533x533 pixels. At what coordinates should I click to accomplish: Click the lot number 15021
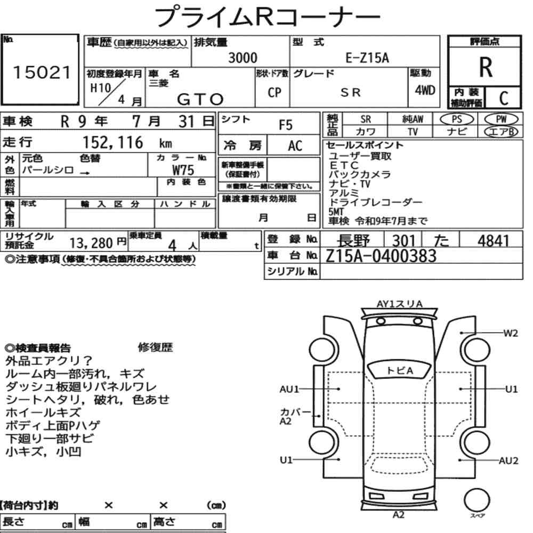(x=42, y=72)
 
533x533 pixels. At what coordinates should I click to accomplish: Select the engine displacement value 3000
(x=243, y=58)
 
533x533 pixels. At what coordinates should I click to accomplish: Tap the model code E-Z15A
(x=367, y=58)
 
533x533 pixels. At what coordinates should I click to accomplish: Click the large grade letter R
(x=486, y=67)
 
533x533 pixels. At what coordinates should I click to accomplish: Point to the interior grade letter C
(x=504, y=98)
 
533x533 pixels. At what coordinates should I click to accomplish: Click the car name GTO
(x=200, y=100)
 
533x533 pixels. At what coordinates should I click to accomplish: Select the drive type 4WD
(x=425, y=91)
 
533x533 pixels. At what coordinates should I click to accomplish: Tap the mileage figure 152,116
(x=113, y=142)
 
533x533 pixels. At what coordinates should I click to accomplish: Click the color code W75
(x=183, y=169)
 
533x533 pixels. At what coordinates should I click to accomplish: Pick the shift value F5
(x=286, y=125)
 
